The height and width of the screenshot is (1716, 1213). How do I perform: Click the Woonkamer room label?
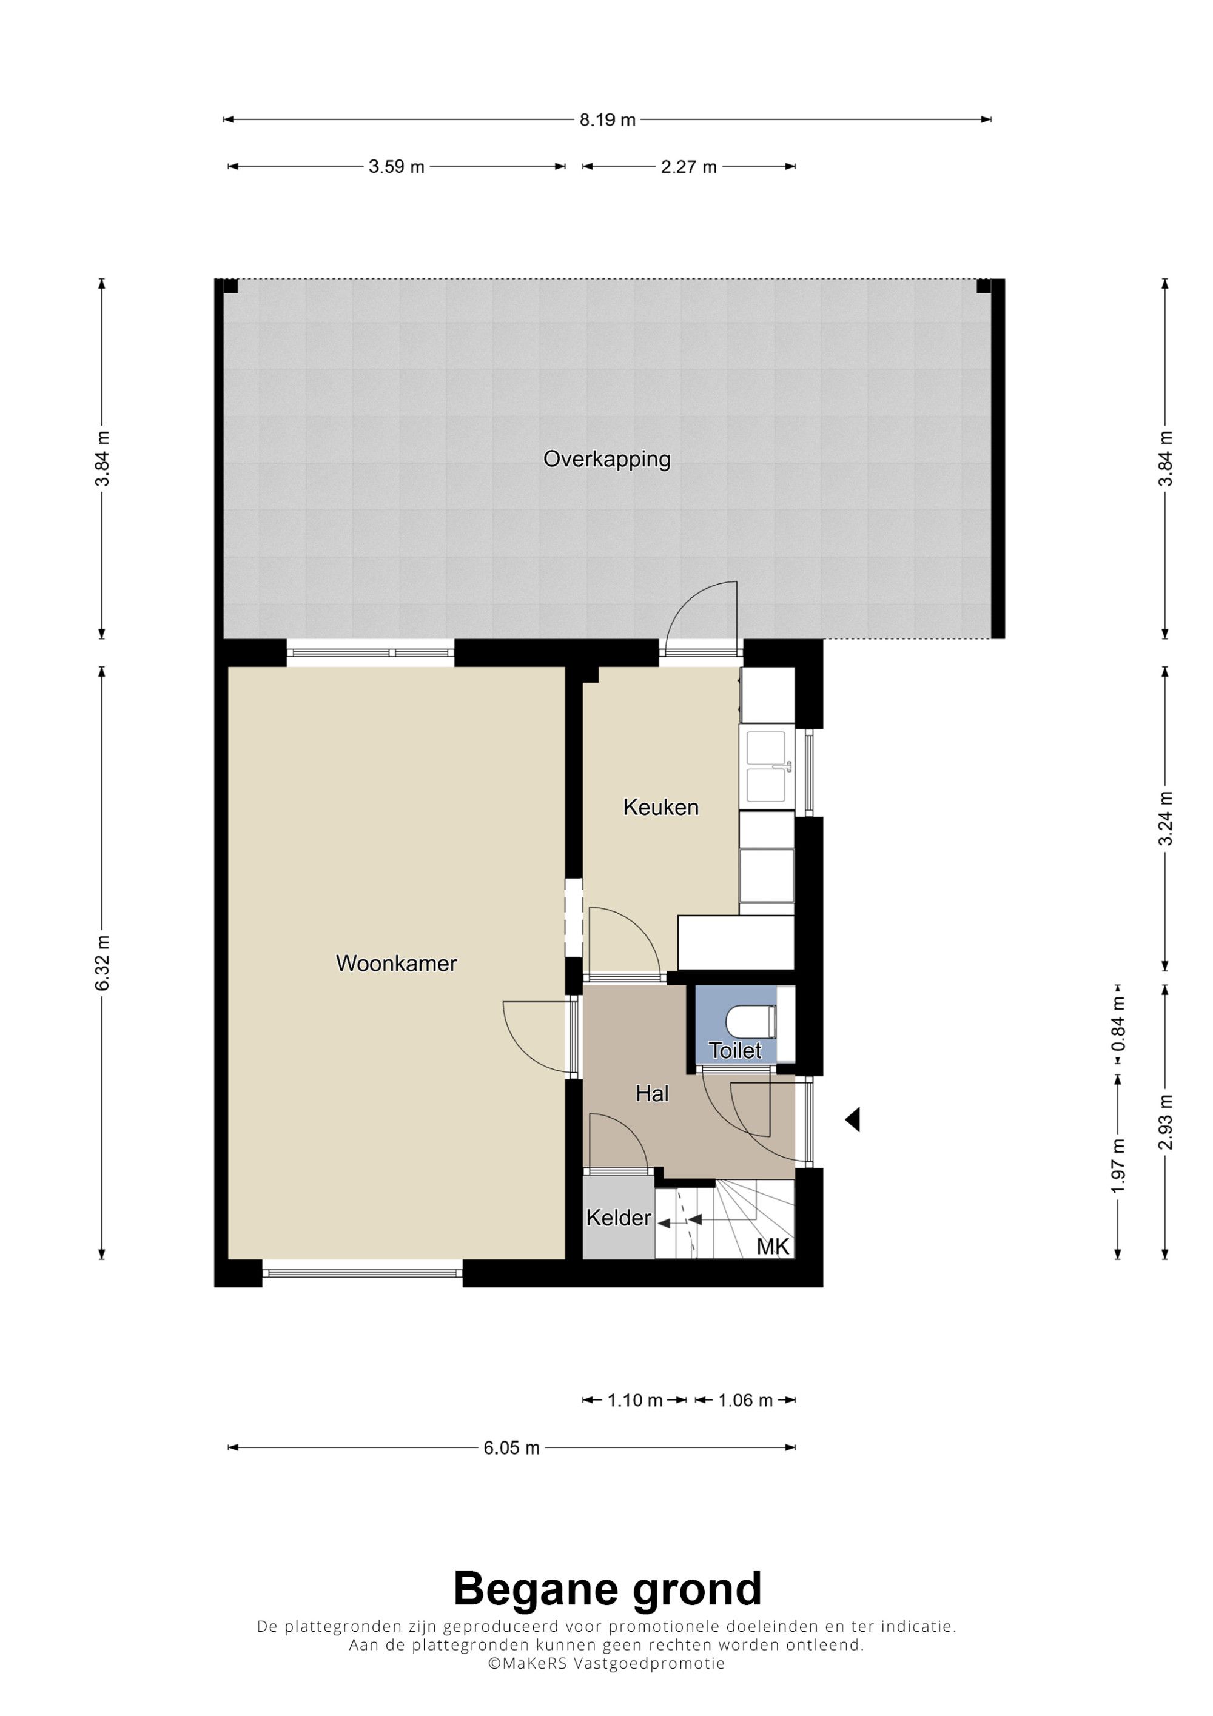(396, 964)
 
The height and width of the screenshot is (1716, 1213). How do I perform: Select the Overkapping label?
(607, 459)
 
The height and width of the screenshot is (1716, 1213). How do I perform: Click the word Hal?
(652, 1094)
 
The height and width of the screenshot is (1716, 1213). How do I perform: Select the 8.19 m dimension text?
(608, 119)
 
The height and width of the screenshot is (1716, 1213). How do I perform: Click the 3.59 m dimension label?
(396, 167)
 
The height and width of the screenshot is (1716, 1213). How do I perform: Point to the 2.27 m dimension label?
(688, 167)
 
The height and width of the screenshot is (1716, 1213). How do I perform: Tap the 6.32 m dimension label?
(102, 964)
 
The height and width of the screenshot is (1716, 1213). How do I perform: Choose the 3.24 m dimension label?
(1165, 819)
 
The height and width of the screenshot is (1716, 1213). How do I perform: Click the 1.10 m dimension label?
(634, 1400)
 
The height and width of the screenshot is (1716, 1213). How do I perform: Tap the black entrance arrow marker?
(853, 1119)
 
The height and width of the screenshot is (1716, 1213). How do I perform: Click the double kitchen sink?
(767, 767)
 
